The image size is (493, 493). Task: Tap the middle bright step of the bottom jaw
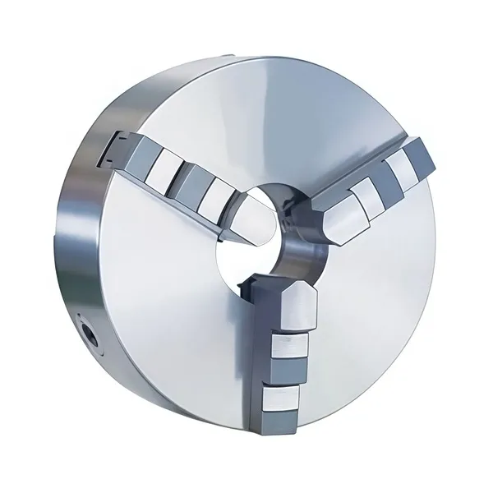pyautogui.click(x=289, y=353)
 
